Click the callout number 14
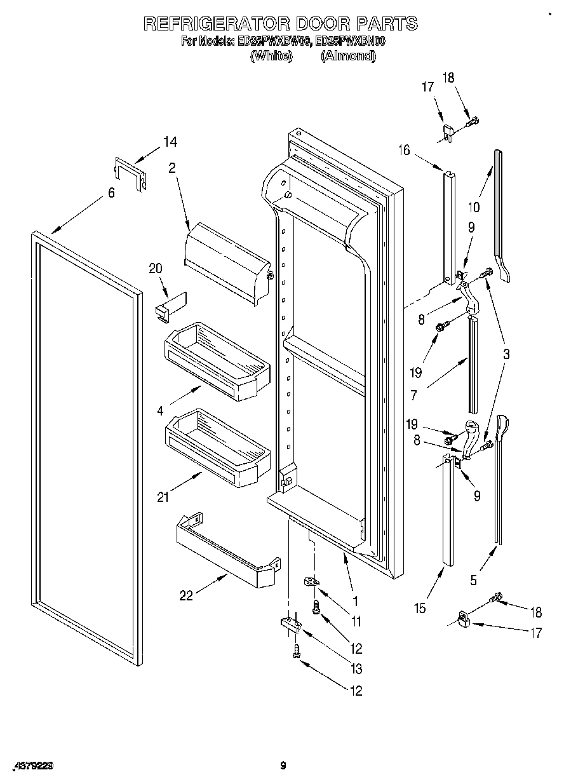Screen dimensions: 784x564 [x=170, y=142]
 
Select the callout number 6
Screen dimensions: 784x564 [x=111, y=193]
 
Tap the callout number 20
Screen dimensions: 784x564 [x=156, y=268]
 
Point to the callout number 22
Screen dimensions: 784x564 [x=185, y=596]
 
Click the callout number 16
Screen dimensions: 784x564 [x=405, y=150]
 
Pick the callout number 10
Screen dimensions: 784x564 [x=474, y=206]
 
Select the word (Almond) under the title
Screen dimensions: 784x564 [x=348, y=56]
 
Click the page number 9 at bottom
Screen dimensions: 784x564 [x=283, y=766]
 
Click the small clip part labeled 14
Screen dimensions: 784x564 [x=130, y=173]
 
